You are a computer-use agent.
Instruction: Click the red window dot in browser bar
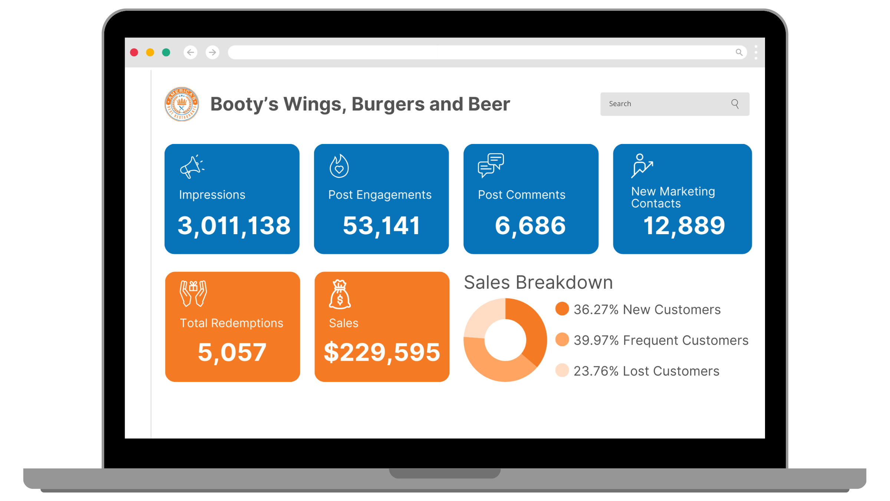pyautogui.click(x=134, y=52)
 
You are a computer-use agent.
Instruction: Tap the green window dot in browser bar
pyautogui.click(x=166, y=52)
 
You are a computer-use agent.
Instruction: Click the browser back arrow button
pyautogui.click(x=191, y=52)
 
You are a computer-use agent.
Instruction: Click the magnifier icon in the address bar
pyautogui.click(x=739, y=52)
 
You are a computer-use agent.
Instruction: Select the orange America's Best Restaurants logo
pyautogui.click(x=182, y=104)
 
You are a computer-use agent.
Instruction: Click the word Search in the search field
pyautogui.click(x=620, y=104)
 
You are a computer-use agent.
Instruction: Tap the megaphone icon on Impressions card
pyautogui.click(x=192, y=167)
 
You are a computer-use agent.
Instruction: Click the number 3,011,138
pyautogui.click(x=234, y=226)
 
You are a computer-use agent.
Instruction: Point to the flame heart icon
pyautogui.click(x=339, y=166)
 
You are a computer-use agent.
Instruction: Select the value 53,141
pyautogui.click(x=381, y=226)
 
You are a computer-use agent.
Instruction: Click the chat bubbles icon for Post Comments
pyautogui.click(x=491, y=165)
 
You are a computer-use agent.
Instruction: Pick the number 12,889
pyautogui.click(x=684, y=226)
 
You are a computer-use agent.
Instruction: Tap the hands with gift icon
pyautogui.click(x=193, y=293)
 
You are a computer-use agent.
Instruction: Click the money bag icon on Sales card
pyautogui.click(x=340, y=295)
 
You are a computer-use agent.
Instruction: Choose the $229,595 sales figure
pyautogui.click(x=382, y=352)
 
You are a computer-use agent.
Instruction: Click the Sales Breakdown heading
pyautogui.click(x=538, y=282)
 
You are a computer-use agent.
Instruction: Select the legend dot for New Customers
pyautogui.click(x=562, y=309)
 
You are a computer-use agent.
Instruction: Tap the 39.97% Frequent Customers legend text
pyautogui.click(x=661, y=340)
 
